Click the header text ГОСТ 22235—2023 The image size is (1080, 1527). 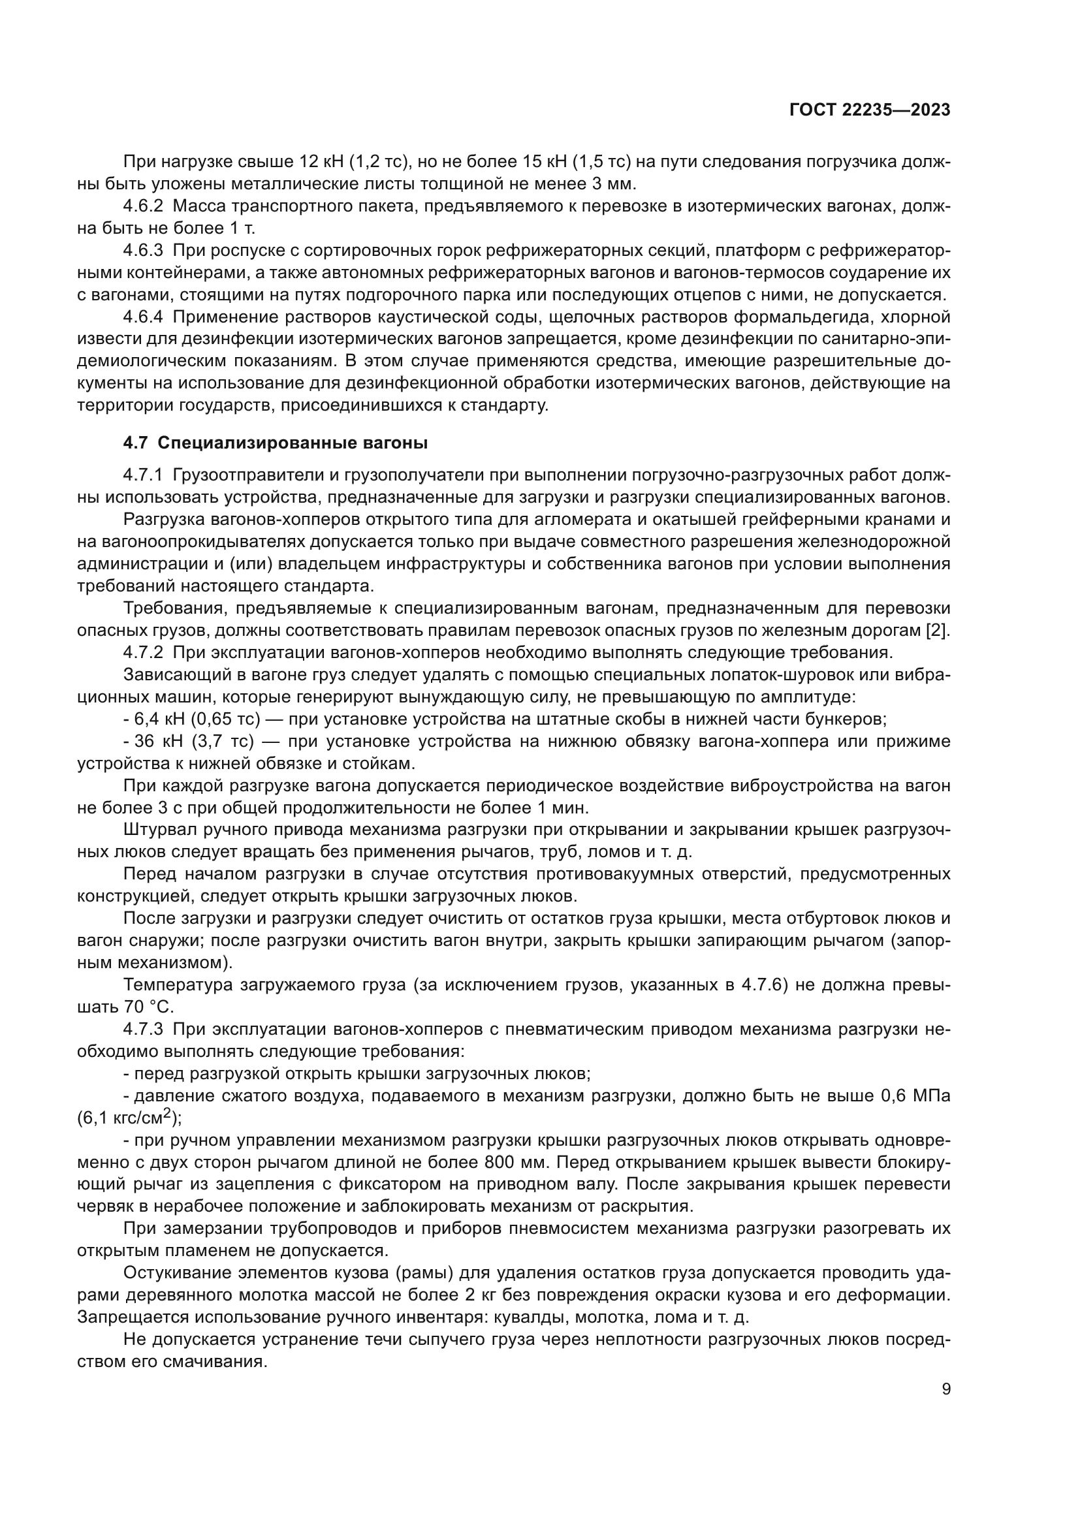point(869,110)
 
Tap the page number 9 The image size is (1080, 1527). point(945,1389)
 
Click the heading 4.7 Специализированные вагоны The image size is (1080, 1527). point(276,443)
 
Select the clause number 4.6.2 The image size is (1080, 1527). point(143,206)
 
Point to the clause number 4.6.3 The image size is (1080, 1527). point(143,251)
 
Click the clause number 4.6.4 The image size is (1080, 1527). point(143,317)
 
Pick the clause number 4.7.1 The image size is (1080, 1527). point(143,475)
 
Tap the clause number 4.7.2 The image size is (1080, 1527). point(143,652)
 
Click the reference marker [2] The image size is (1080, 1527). point(938,631)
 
